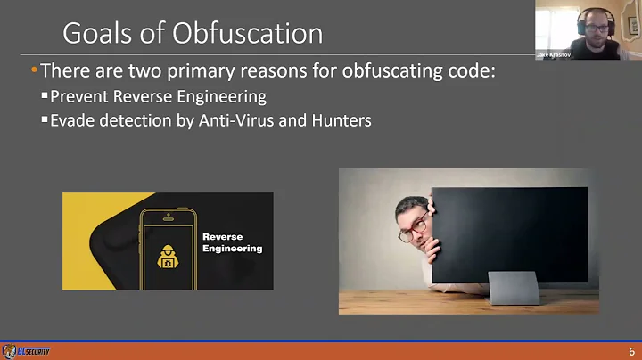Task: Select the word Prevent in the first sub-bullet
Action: tap(78, 97)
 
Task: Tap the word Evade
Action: tap(70, 120)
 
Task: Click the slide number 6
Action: tap(632, 350)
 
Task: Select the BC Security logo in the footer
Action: tap(27, 350)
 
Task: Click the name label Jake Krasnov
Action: tap(553, 54)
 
